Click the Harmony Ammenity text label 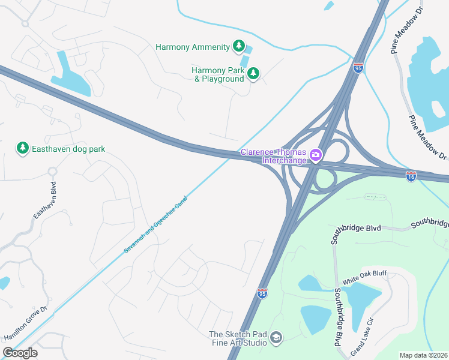192,46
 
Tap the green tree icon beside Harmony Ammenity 239,46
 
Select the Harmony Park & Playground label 218,74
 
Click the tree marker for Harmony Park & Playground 253,73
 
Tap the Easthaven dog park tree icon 22,148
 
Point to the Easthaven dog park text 68,148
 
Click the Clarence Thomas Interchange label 274,156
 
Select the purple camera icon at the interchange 316,156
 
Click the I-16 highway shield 411,177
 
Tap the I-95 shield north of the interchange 358,68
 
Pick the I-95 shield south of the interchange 262,293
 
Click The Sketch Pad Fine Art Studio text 237,338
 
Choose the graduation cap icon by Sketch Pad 276,338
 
